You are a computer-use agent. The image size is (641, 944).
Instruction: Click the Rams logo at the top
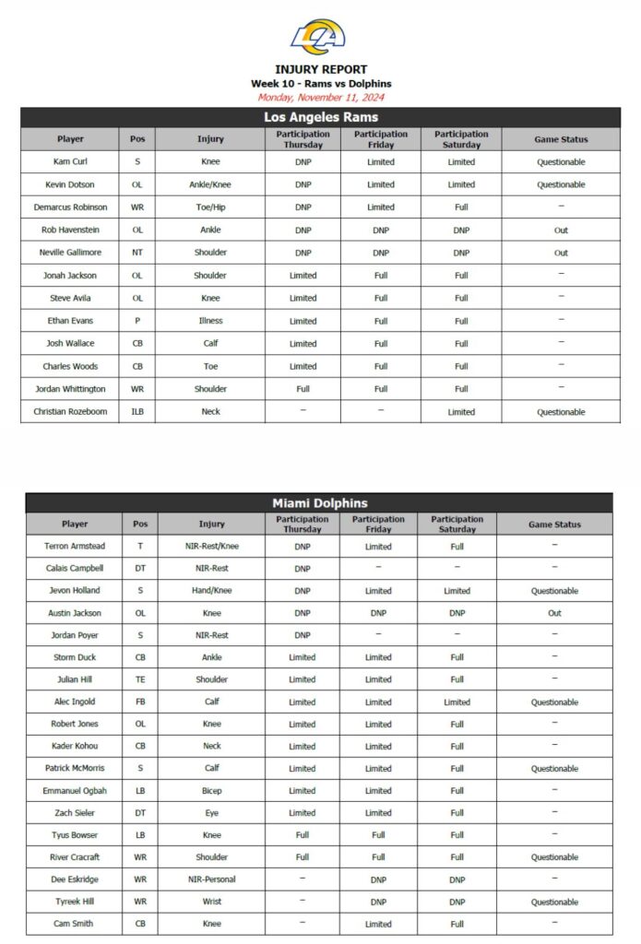[320, 37]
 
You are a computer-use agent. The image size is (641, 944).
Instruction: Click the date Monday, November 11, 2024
[320, 97]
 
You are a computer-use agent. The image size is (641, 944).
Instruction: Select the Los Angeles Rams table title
[320, 117]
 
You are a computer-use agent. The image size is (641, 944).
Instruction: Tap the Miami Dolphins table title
[319, 502]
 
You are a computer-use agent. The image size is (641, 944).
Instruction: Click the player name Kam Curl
[70, 161]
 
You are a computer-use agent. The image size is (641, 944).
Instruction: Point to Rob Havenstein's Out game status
[561, 230]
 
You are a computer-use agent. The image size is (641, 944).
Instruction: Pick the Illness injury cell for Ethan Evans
[210, 321]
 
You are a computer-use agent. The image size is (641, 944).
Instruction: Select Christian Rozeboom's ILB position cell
[137, 411]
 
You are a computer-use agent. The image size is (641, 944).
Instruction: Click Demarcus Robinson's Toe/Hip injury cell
[210, 207]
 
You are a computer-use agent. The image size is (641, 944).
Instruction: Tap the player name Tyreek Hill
[75, 902]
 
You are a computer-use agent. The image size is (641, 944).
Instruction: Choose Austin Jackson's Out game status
[554, 613]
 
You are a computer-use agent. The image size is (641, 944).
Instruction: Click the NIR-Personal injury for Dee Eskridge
[211, 879]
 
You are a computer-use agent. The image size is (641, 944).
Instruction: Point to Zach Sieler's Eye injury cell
[211, 813]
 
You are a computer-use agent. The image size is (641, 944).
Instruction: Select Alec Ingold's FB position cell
[140, 702]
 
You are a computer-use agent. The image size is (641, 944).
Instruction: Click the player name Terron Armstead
[75, 547]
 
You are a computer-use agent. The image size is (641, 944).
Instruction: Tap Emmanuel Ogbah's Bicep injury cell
[211, 791]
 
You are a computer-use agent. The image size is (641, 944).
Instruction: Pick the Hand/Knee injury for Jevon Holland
[211, 591]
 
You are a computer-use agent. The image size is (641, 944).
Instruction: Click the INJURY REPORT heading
[320, 69]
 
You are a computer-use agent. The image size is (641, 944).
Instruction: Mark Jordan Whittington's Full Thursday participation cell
[303, 389]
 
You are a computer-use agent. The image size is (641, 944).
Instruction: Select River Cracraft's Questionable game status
[554, 857]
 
